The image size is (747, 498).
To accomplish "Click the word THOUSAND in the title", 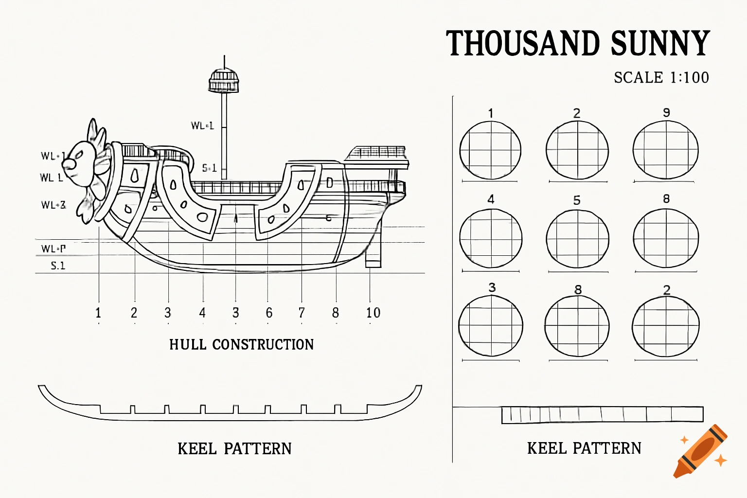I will (523, 43).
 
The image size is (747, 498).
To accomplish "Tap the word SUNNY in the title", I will (660, 43).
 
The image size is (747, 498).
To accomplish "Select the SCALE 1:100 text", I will (661, 77).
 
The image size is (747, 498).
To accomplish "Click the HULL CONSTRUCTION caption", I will (241, 344).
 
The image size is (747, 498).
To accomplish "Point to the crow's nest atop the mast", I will (224, 81).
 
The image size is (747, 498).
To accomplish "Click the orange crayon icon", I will (700, 451).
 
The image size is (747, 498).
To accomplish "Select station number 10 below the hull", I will (373, 313).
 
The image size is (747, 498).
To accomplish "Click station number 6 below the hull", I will (269, 313).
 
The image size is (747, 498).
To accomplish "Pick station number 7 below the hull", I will (302, 313).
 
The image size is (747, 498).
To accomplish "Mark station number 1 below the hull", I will (98, 313).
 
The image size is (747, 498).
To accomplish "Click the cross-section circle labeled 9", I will (665, 150).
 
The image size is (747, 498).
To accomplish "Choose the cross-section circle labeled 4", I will (491, 238).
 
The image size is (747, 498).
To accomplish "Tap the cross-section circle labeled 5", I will (577, 239).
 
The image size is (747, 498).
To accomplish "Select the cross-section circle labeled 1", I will (490, 150).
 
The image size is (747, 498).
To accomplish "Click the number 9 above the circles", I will (666, 113).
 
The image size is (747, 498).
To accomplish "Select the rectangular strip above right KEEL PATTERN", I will (602, 414).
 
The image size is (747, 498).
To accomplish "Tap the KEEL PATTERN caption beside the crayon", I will (584, 448).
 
